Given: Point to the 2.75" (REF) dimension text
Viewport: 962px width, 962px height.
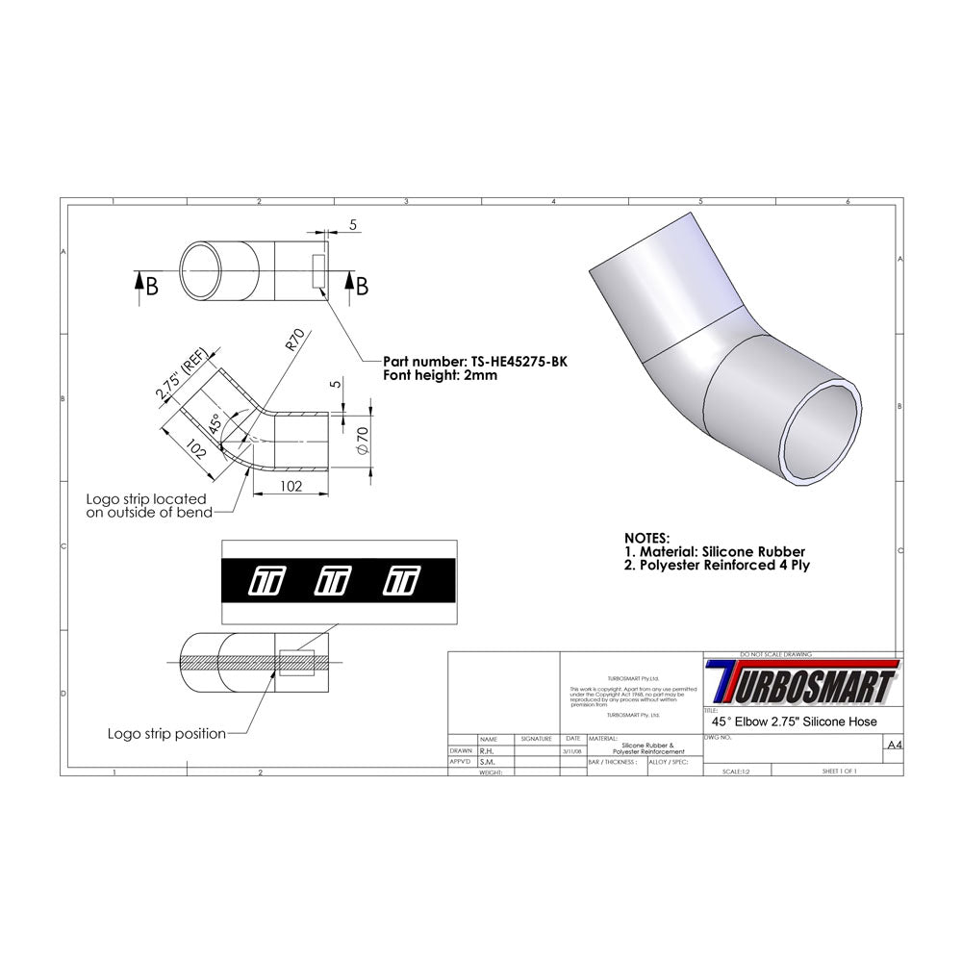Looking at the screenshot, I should click(x=180, y=379).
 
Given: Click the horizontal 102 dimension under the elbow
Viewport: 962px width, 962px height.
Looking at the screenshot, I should click(x=290, y=486).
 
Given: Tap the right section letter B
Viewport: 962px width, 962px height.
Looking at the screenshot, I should click(x=362, y=286).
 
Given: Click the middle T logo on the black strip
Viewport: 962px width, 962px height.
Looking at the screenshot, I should click(x=332, y=580).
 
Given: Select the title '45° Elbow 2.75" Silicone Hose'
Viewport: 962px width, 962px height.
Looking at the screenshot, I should click(x=792, y=721).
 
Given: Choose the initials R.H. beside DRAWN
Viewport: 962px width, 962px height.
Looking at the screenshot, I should click(x=487, y=750).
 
